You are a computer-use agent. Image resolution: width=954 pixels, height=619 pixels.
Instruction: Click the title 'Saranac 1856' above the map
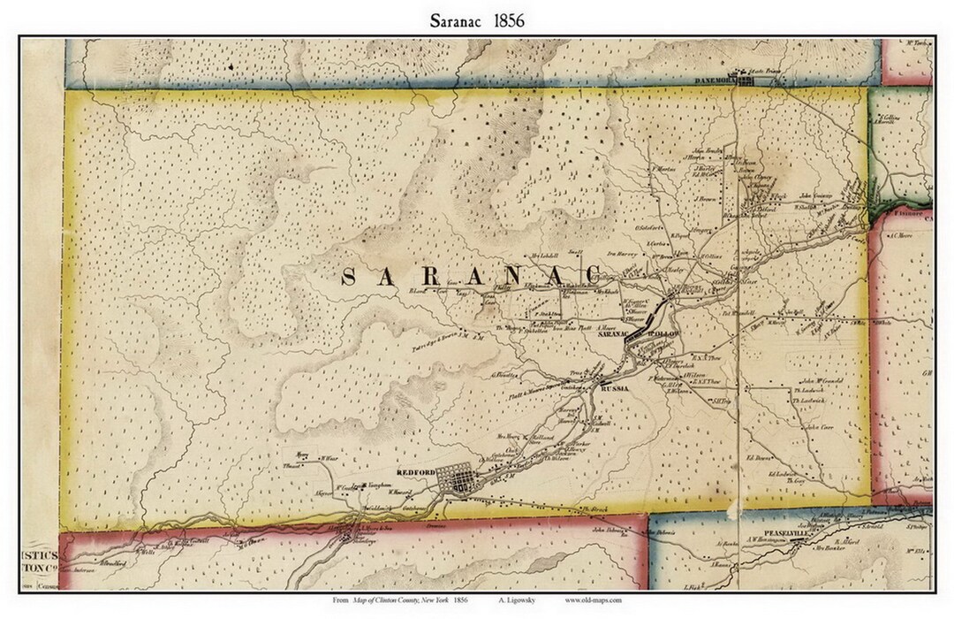(x=476, y=19)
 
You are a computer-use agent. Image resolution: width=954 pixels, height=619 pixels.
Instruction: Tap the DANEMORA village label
(x=714, y=79)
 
